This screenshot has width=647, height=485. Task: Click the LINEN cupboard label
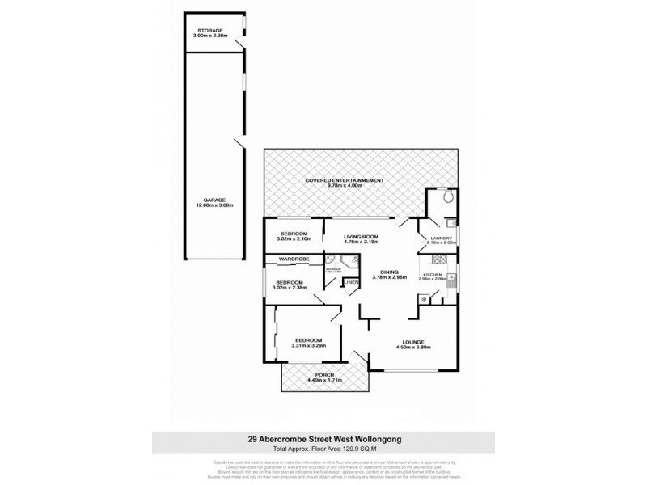pos(352,281)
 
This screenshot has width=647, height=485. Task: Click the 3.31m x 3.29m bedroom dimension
pos(309,346)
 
